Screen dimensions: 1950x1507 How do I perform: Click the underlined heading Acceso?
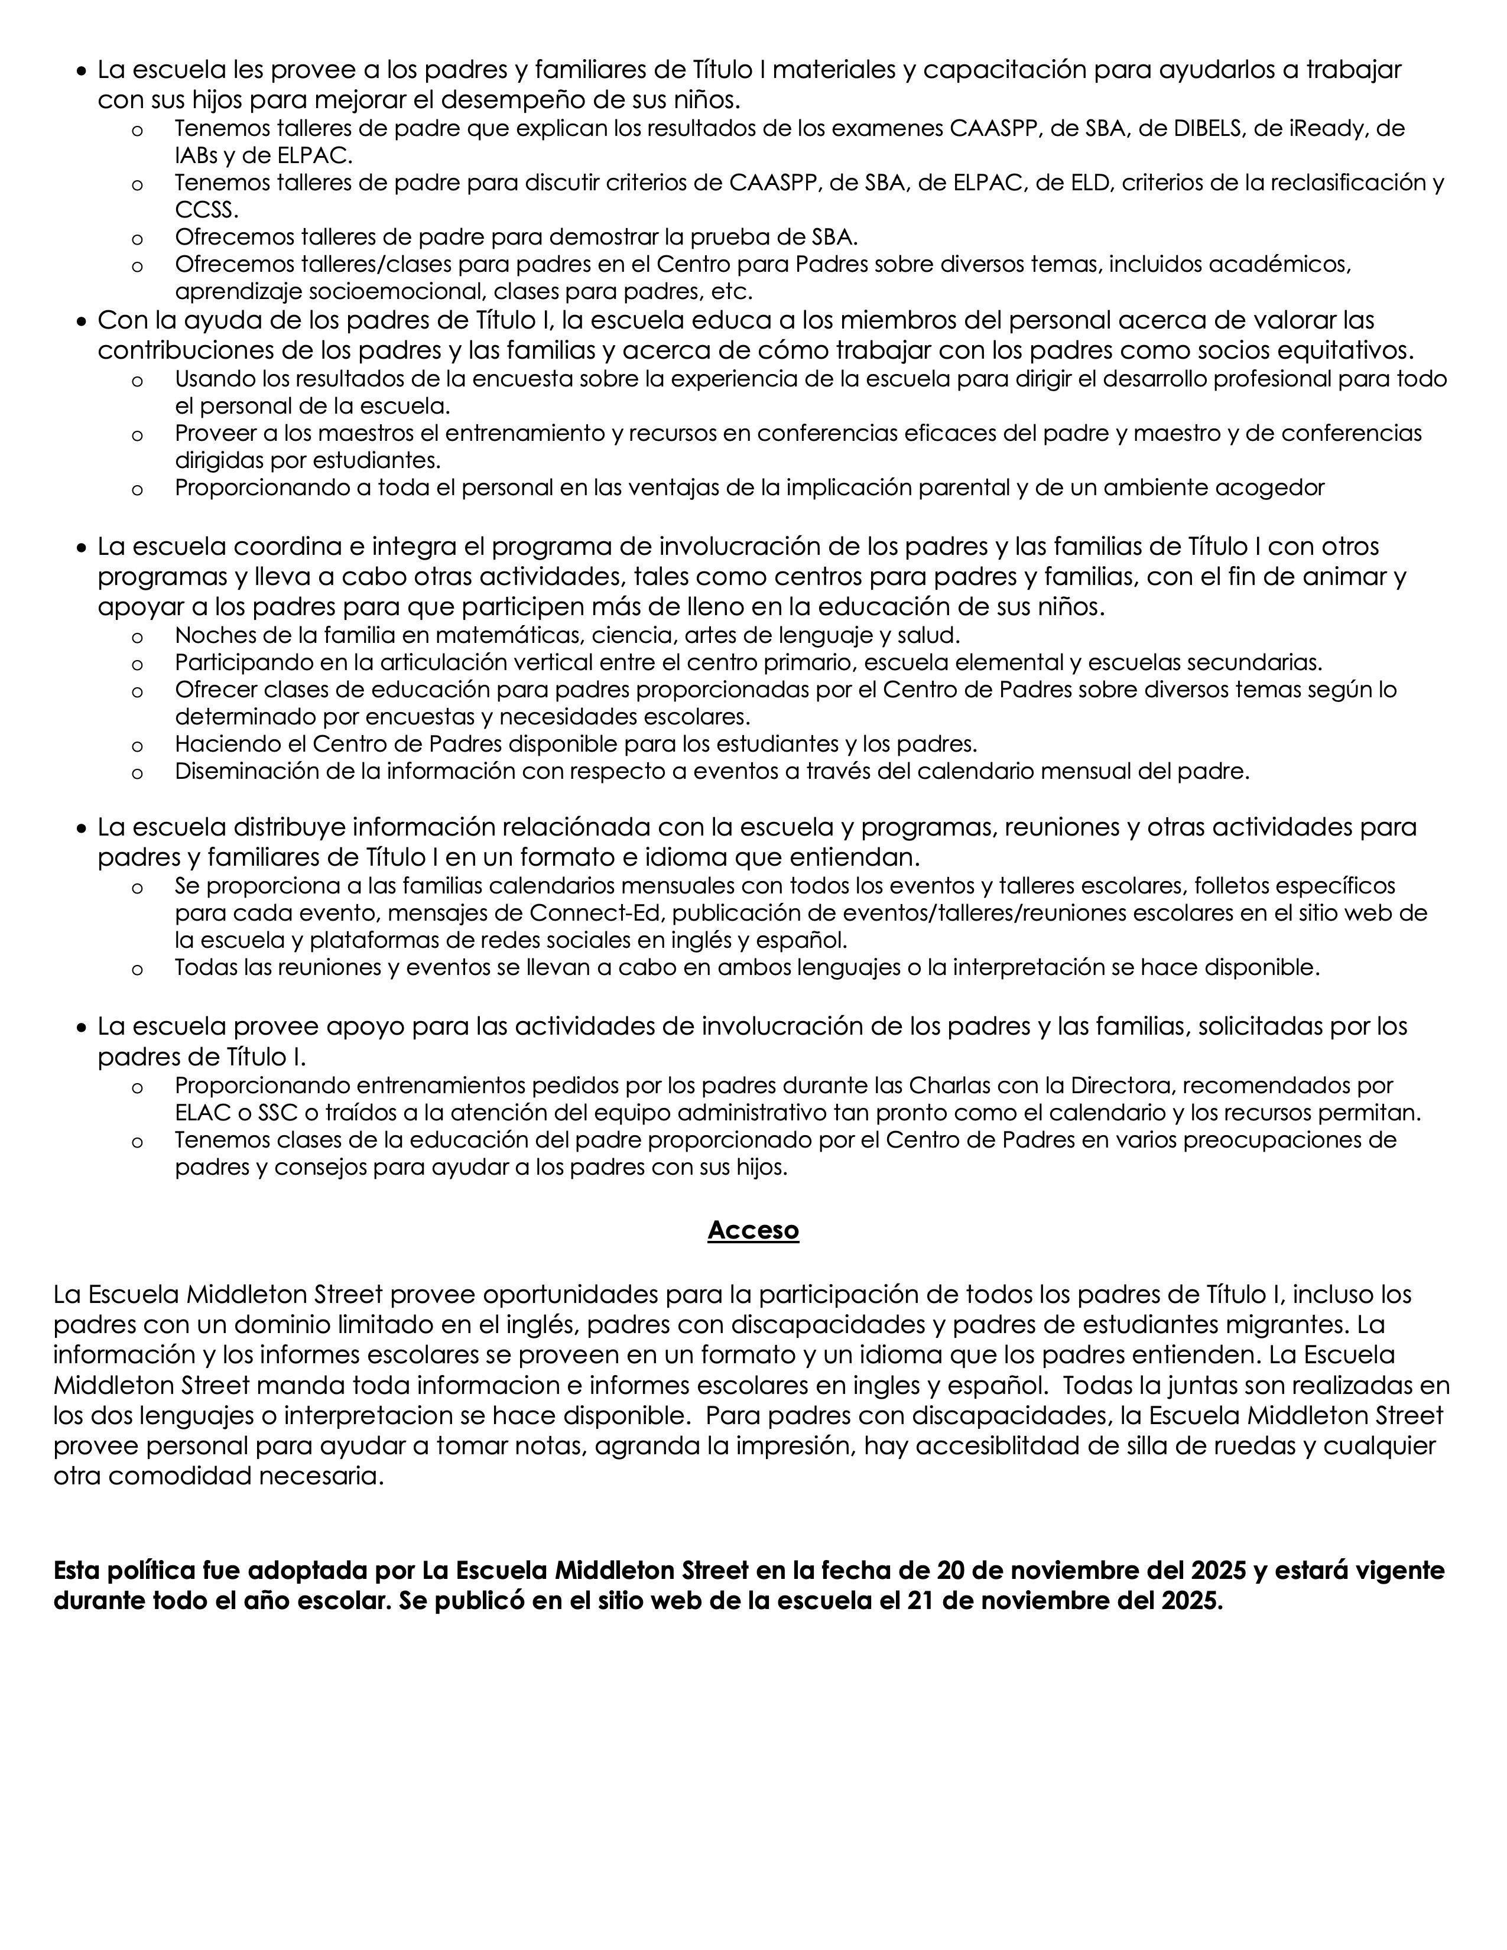752,1230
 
